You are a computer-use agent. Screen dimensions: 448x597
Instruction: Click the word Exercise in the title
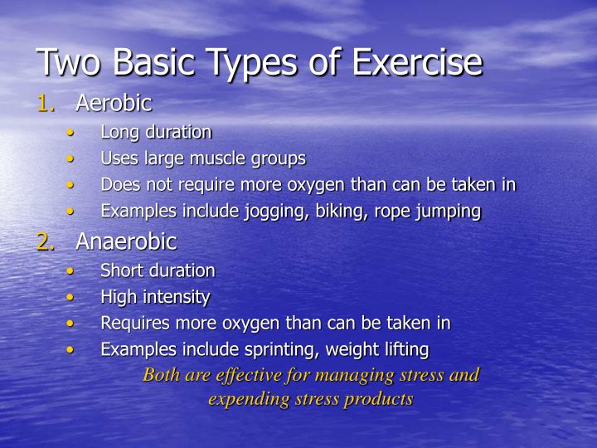(416, 63)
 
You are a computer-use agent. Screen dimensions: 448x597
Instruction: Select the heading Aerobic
(114, 104)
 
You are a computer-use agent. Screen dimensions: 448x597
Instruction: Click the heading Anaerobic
(126, 241)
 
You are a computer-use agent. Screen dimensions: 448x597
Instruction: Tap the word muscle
(218, 158)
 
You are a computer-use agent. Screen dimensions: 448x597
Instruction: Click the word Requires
(133, 324)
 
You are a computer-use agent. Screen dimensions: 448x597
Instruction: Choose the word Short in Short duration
(119, 270)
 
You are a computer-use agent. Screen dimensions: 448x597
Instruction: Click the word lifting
(405, 350)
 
